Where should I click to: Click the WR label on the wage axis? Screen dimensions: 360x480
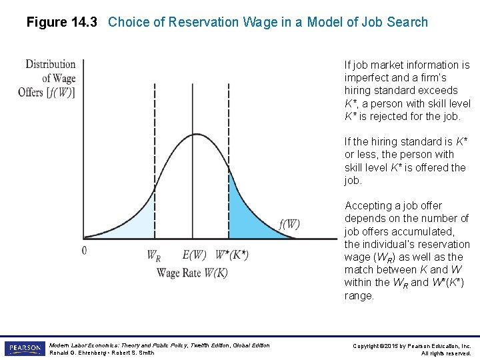[153, 255]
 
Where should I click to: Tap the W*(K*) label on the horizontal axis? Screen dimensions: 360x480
[232, 255]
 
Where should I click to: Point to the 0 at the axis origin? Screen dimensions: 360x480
[84, 251]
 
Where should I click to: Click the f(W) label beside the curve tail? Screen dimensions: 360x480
[289, 224]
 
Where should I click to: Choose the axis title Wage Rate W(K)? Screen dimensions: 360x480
[192, 272]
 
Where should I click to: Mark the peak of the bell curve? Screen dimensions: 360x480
[193, 135]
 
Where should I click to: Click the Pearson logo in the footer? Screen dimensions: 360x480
[24, 349]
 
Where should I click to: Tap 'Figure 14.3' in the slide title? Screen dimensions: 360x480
[61, 22]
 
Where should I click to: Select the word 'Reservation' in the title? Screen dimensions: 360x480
[201, 22]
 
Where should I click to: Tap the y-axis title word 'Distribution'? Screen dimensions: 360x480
[51, 64]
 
